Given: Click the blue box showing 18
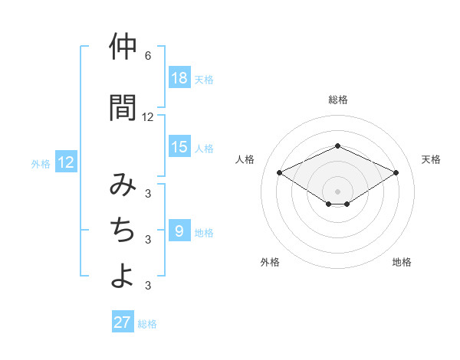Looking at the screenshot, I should tap(179, 78).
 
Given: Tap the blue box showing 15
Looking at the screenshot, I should tap(179, 147).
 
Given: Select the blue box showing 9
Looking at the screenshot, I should tap(179, 231).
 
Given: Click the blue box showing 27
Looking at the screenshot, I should tap(123, 322).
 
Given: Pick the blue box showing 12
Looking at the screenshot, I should tap(66, 162).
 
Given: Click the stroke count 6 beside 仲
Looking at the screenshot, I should tap(148, 56).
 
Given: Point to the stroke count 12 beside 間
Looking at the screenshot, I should tap(148, 117).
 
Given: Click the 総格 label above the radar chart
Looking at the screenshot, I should tap(338, 100).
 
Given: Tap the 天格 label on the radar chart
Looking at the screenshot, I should tap(432, 159).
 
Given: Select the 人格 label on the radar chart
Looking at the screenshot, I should tap(245, 159).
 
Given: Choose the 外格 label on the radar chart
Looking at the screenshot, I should tap(270, 262).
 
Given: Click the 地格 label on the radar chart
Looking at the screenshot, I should tap(402, 262).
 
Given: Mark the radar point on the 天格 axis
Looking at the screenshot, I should tap(396, 172).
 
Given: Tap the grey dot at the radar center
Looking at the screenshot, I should tap(338, 191).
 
